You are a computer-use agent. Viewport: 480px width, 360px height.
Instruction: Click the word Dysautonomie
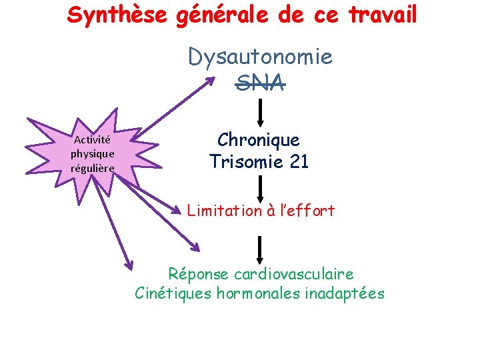(260, 57)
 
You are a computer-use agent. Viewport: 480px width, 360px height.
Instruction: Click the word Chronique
(259, 140)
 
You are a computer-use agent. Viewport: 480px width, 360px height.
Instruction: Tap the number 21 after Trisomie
(296, 161)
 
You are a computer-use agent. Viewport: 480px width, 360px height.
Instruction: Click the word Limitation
(225, 211)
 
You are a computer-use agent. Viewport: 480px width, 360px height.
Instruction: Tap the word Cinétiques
(173, 293)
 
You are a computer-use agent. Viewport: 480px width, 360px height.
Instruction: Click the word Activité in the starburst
(93, 140)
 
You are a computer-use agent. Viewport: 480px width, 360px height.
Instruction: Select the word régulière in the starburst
(93, 167)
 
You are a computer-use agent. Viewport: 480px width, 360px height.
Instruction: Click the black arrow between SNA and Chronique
(261, 112)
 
